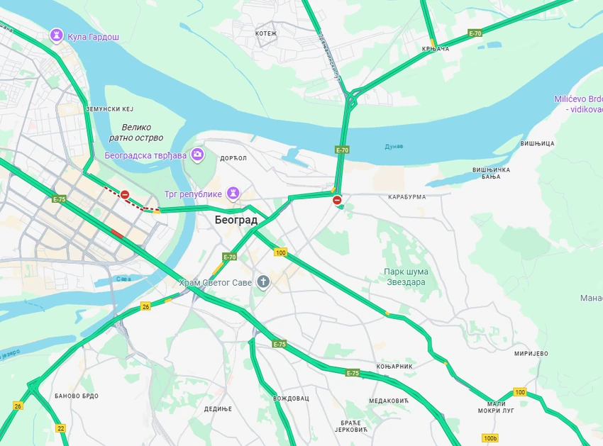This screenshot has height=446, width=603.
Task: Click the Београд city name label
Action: tap(236, 221)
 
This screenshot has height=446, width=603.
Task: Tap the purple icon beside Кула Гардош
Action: tap(57, 35)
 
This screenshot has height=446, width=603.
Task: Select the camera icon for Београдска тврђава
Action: tap(197, 155)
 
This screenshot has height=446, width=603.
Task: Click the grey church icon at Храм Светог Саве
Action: tap(263, 282)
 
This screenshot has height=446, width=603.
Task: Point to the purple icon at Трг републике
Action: tap(233, 193)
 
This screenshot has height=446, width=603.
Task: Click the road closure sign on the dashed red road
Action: tap(125, 194)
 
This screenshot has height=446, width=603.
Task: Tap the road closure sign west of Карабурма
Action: tap(338, 201)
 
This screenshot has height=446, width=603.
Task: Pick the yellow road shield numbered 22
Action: tap(61, 428)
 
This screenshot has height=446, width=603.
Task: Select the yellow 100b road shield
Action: tap(489, 438)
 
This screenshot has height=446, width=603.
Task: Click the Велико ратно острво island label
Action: tap(137, 133)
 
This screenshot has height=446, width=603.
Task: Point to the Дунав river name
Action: tap(394, 146)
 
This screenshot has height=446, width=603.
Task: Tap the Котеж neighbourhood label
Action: tap(266, 33)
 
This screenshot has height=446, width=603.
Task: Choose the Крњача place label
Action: tap(436, 49)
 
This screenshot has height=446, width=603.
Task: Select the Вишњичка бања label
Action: tap(491, 173)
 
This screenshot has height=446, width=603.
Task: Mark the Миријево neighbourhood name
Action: tap(531, 353)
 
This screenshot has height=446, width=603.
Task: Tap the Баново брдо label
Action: tap(76, 396)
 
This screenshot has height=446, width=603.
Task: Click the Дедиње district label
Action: tap(218, 408)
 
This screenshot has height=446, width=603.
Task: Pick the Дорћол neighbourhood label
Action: tap(233, 158)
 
